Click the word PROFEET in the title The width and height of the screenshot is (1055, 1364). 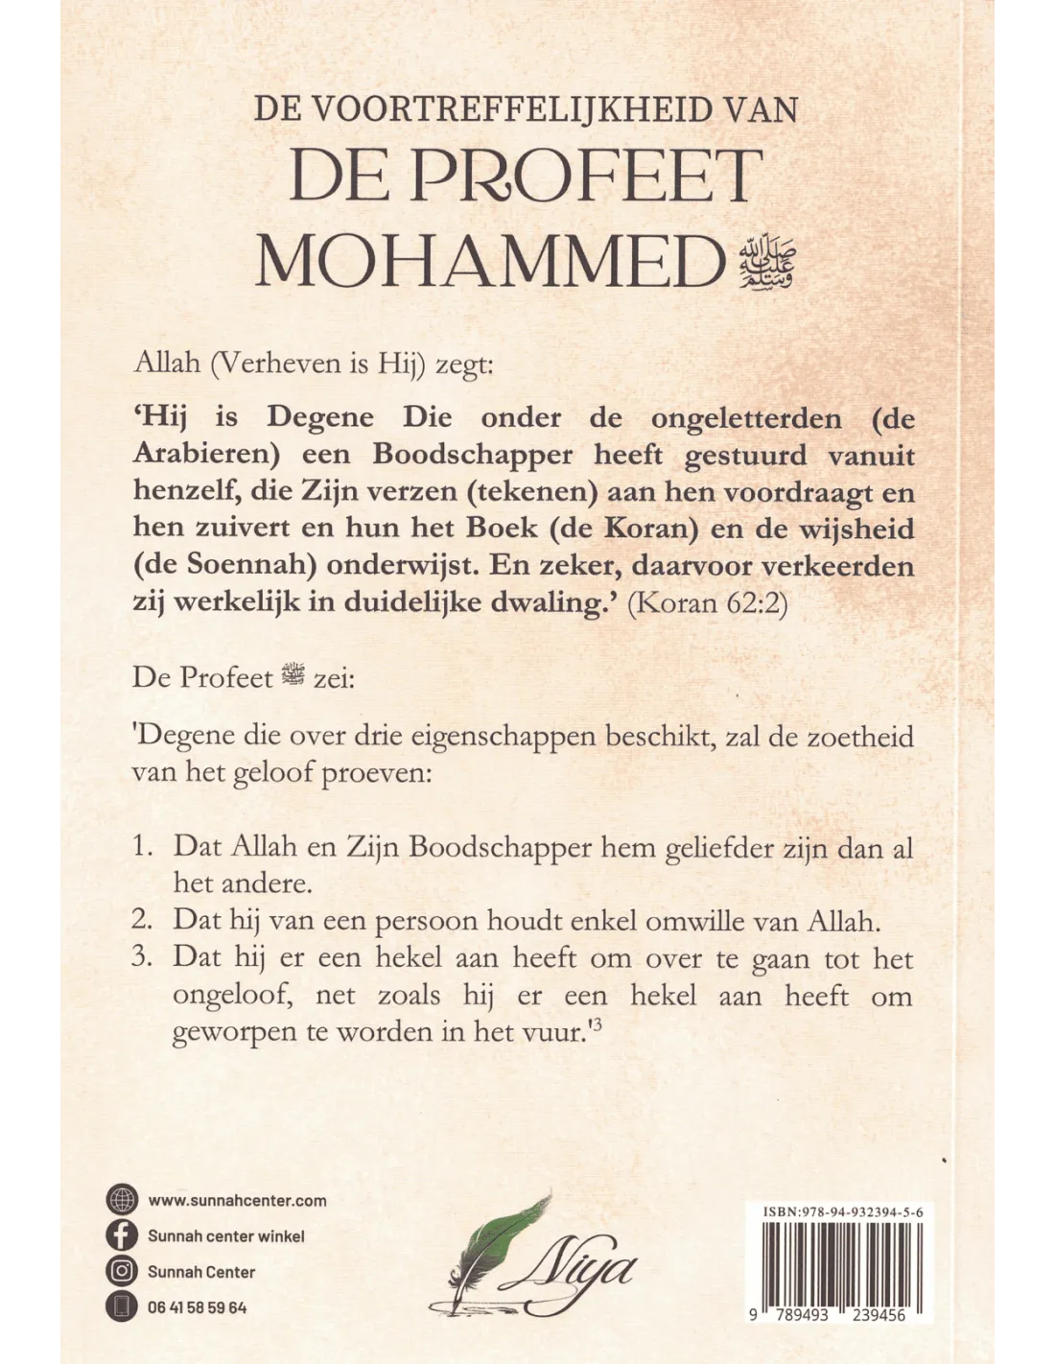pyautogui.click(x=587, y=176)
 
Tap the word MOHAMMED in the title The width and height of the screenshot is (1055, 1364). pyautogui.click(x=489, y=261)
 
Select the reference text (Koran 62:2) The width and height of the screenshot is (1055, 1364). pyautogui.click(x=713, y=606)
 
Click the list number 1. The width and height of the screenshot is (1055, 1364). pyautogui.click(x=143, y=847)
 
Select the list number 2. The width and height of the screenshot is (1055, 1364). pyautogui.click(x=143, y=920)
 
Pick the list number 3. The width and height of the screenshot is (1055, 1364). pyautogui.click(x=143, y=957)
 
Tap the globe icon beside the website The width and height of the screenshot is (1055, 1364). pyautogui.click(x=122, y=1200)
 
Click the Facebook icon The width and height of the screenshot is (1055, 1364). pyautogui.click(x=122, y=1235)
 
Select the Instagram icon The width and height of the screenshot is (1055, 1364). pyautogui.click(x=122, y=1272)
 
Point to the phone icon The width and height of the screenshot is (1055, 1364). pyautogui.click(x=122, y=1307)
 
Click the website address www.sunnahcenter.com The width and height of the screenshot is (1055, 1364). pyautogui.click(x=237, y=1200)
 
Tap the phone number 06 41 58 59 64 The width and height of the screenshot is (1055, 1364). pyautogui.click(x=197, y=1307)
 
